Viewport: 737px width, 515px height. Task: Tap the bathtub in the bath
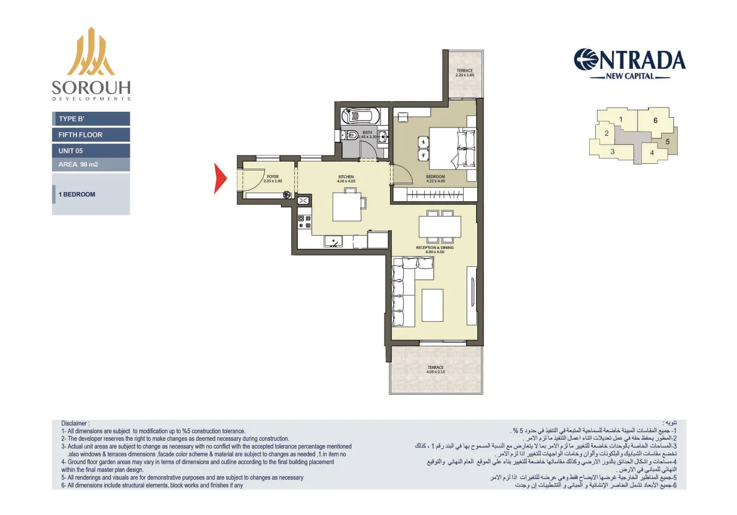360,115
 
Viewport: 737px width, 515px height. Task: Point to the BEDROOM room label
435,178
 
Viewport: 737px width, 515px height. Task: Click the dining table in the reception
440,227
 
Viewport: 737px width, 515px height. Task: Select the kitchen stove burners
304,222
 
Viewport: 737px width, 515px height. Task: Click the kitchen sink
332,242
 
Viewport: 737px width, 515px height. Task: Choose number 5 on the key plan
667,142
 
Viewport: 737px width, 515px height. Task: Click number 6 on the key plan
655,120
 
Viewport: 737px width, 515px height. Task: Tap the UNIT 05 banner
91,151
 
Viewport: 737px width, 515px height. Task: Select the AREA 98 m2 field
91,164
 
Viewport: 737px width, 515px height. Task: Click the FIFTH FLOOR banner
91,135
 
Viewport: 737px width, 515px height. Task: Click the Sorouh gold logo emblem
91,53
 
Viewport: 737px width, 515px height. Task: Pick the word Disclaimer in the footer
75,423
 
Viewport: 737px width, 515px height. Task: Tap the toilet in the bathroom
352,135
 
